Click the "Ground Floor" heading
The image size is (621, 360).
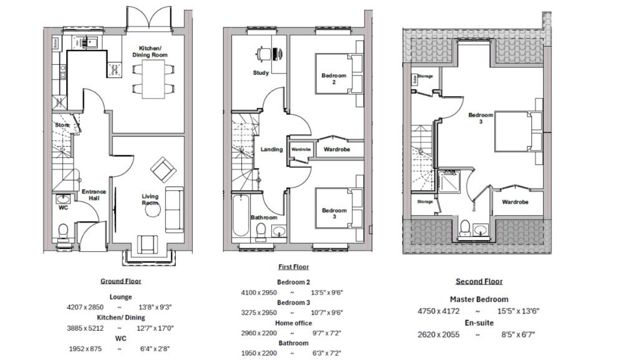coord(121,281)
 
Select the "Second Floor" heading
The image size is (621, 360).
coord(479,281)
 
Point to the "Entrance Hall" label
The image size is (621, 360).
coord(94,195)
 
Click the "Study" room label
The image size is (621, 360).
coord(261,73)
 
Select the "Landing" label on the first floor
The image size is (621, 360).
coord(271,150)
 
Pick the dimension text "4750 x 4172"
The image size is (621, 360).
coord(439,311)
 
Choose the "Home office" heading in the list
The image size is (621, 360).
coord(292,323)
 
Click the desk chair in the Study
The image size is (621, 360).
coord(264,54)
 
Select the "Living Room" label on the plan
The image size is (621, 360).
coord(150,200)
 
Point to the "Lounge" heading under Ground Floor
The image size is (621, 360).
coord(120,297)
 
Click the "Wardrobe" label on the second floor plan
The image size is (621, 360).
coord(515,202)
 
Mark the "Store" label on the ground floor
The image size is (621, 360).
coord(62,125)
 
